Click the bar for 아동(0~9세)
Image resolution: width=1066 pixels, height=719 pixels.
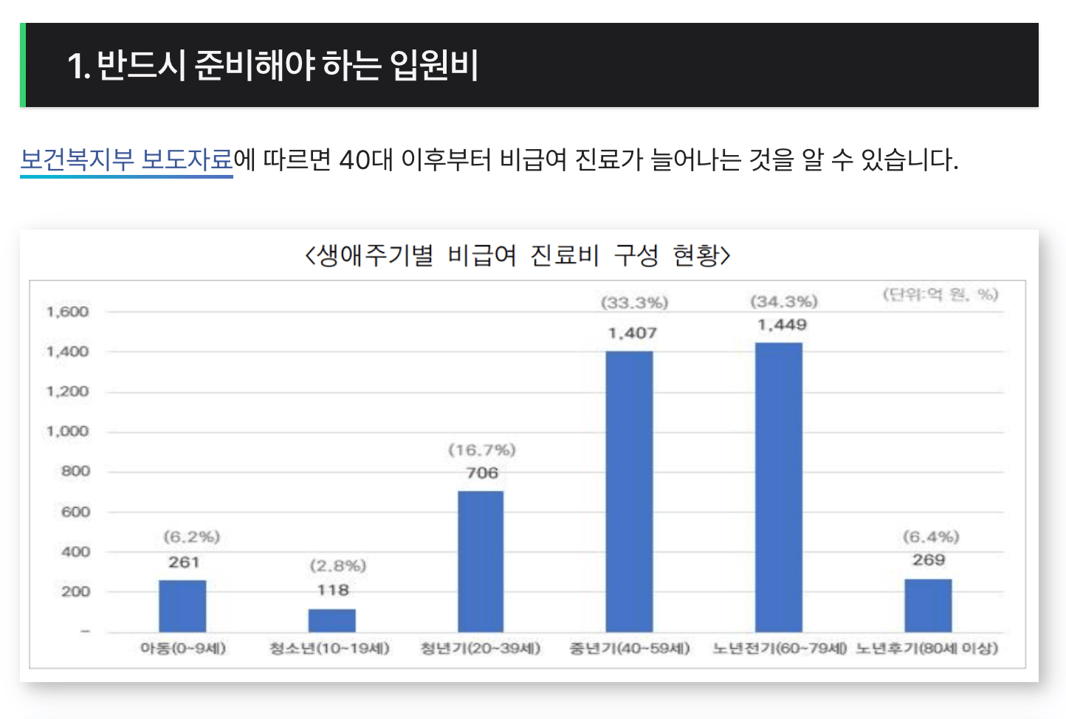182,605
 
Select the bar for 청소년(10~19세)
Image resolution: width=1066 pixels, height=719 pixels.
331,620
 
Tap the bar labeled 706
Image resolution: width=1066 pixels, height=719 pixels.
481,561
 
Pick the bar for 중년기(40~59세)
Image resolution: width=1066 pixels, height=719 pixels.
629,491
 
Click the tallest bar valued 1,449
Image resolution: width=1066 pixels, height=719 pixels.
778,487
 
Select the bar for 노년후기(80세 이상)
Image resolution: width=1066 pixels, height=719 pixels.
928,605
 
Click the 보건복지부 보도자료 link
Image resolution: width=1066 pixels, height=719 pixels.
126,159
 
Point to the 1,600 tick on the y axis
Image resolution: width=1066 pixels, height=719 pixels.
67,312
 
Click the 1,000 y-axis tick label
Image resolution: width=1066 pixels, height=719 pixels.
67,431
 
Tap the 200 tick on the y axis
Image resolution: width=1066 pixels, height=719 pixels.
75,591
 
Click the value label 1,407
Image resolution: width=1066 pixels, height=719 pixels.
632,333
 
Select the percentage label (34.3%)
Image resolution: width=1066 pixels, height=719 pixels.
783,302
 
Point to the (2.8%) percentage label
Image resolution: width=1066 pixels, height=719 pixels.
337,566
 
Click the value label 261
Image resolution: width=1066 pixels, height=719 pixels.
184,563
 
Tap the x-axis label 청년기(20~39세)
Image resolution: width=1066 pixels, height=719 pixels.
481,648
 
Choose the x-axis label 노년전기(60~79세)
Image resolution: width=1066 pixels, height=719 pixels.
779,648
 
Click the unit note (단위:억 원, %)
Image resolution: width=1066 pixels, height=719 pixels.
940,295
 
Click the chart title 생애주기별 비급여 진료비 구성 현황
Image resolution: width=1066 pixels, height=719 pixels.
517,255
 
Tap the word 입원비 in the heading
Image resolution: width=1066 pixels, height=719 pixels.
434,65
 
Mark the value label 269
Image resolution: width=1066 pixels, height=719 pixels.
928,560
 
